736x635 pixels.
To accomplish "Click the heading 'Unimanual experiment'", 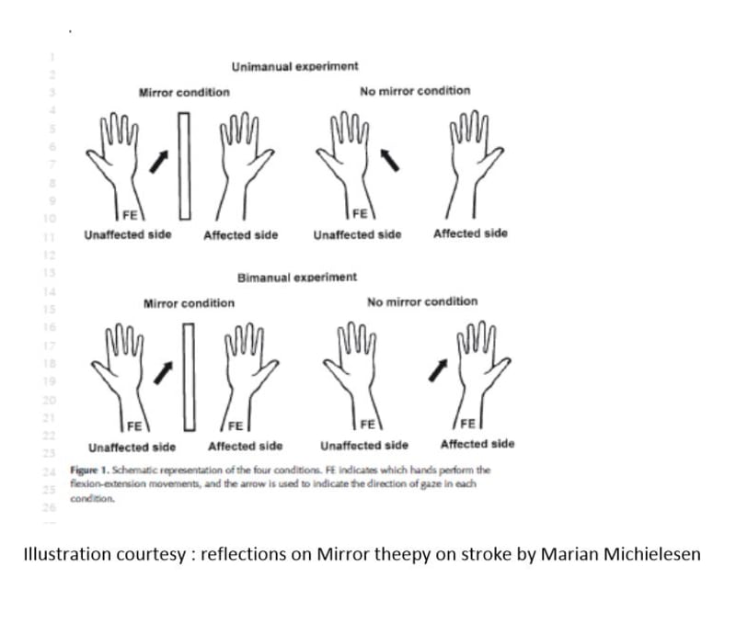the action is (x=294, y=67).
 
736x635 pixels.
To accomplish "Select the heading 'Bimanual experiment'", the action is (x=297, y=277).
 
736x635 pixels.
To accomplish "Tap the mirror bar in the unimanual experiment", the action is (x=185, y=165).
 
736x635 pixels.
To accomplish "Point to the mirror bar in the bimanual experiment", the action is (x=190, y=376).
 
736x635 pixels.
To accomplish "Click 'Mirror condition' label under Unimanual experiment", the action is (x=184, y=93).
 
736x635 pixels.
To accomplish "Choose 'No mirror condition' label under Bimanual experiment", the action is (x=421, y=301).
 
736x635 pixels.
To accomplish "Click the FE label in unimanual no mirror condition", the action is (x=361, y=213).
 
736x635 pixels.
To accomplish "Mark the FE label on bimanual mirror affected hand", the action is (x=236, y=425).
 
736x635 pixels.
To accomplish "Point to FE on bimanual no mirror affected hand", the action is (x=466, y=425).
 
